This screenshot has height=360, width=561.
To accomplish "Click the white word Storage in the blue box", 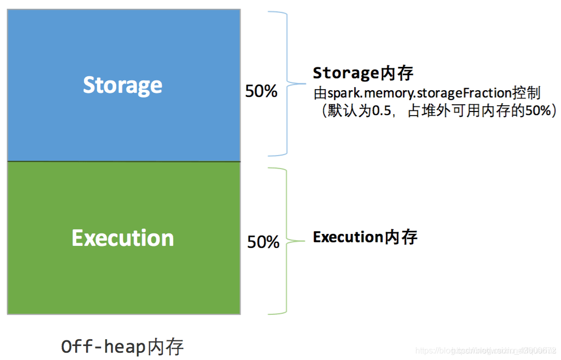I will (x=123, y=85).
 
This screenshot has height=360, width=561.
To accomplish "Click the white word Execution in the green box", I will (x=123, y=238).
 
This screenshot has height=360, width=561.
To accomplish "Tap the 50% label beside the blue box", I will (x=261, y=92).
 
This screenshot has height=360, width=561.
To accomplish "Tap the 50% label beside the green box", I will (x=263, y=242).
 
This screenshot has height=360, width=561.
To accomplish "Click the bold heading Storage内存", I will (x=363, y=73).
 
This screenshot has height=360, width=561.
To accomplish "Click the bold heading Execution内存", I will (x=365, y=238).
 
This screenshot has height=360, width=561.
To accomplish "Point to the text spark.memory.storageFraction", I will (x=419, y=93).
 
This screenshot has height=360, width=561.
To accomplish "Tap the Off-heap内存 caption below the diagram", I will (x=122, y=347).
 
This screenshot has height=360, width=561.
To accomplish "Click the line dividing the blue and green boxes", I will (x=123, y=161).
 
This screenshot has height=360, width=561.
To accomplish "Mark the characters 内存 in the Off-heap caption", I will (x=165, y=347).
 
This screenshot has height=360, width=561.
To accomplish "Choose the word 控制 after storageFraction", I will (x=526, y=93).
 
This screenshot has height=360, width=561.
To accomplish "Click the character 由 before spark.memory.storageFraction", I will (x=320, y=93).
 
